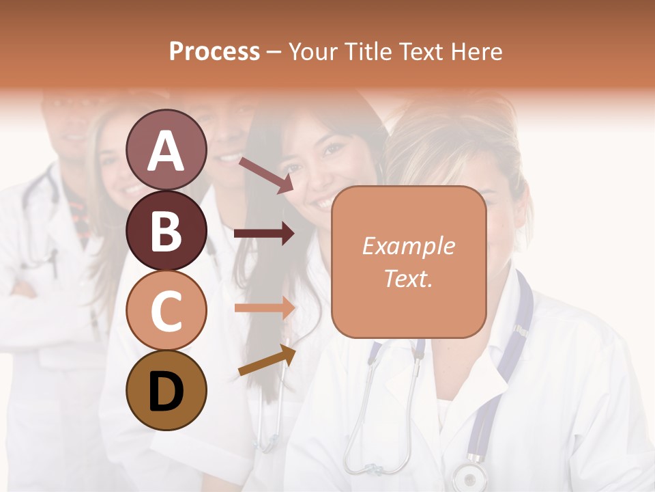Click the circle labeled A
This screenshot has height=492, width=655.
166,150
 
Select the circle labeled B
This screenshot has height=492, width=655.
166,230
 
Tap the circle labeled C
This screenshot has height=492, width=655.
166,310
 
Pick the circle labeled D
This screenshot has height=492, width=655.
166,390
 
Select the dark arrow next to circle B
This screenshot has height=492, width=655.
264,234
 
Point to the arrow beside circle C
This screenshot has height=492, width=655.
264,307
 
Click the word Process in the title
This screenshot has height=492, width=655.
214,52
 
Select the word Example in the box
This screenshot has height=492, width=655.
408,246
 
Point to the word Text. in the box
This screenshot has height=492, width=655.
408,278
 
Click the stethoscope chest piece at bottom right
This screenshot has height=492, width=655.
469,476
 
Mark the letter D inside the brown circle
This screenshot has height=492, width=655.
166,392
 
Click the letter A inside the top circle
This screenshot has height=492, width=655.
166,151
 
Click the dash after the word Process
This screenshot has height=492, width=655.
274,53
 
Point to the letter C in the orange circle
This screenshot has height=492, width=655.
166,311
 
